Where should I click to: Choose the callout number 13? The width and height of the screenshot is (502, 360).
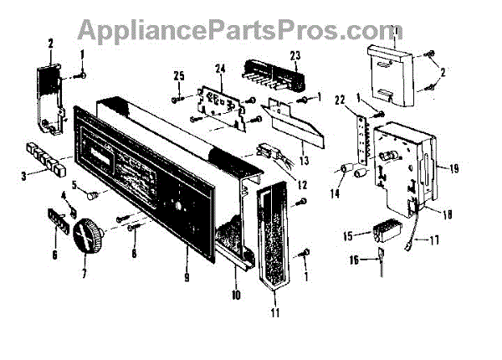[x=302, y=162]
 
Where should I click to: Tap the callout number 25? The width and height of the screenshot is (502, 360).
[x=177, y=78]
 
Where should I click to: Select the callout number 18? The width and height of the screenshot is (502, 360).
[x=448, y=214]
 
